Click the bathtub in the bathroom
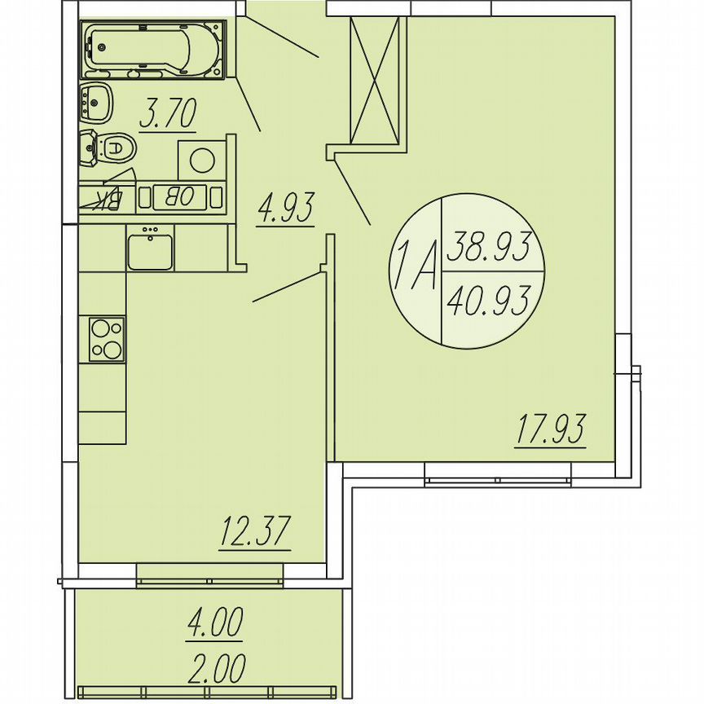click(152, 51)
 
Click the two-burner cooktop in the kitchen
click(107, 339)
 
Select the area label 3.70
click(167, 114)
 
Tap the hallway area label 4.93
click(285, 209)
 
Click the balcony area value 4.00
click(215, 626)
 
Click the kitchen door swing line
click(288, 287)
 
